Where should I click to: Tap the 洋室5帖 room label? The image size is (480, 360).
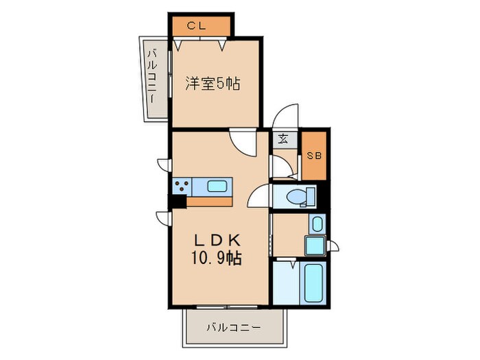click(213, 84)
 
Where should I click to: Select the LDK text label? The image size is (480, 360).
click(217, 241)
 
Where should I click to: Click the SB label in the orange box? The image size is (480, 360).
click(314, 156)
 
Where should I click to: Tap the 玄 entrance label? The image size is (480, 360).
click(283, 139)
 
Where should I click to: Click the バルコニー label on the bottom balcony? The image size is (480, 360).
click(234, 328)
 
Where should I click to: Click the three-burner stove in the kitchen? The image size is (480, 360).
click(182, 187)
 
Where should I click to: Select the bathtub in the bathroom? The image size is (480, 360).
click(313, 282)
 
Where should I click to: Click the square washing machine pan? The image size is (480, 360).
click(315, 245)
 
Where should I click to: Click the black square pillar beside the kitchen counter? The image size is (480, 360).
click(178, 202)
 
